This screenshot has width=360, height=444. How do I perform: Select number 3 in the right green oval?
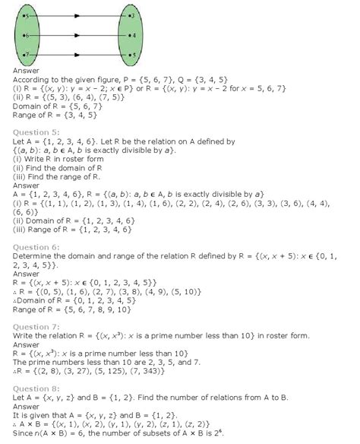pyautogui.click(x=131, y=15)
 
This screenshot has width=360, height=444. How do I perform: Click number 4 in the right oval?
pyautogui.click(x=132, y=36)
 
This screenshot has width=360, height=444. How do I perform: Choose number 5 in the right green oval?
pyautogui.click(x=132, y=55)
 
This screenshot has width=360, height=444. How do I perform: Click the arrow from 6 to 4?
pyautogui.click(x=79, y=36)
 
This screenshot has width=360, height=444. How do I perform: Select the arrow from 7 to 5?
pyautogui.click(x=79, y=55)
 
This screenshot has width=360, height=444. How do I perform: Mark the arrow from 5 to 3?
pyautogui.click(x=79, y=15)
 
